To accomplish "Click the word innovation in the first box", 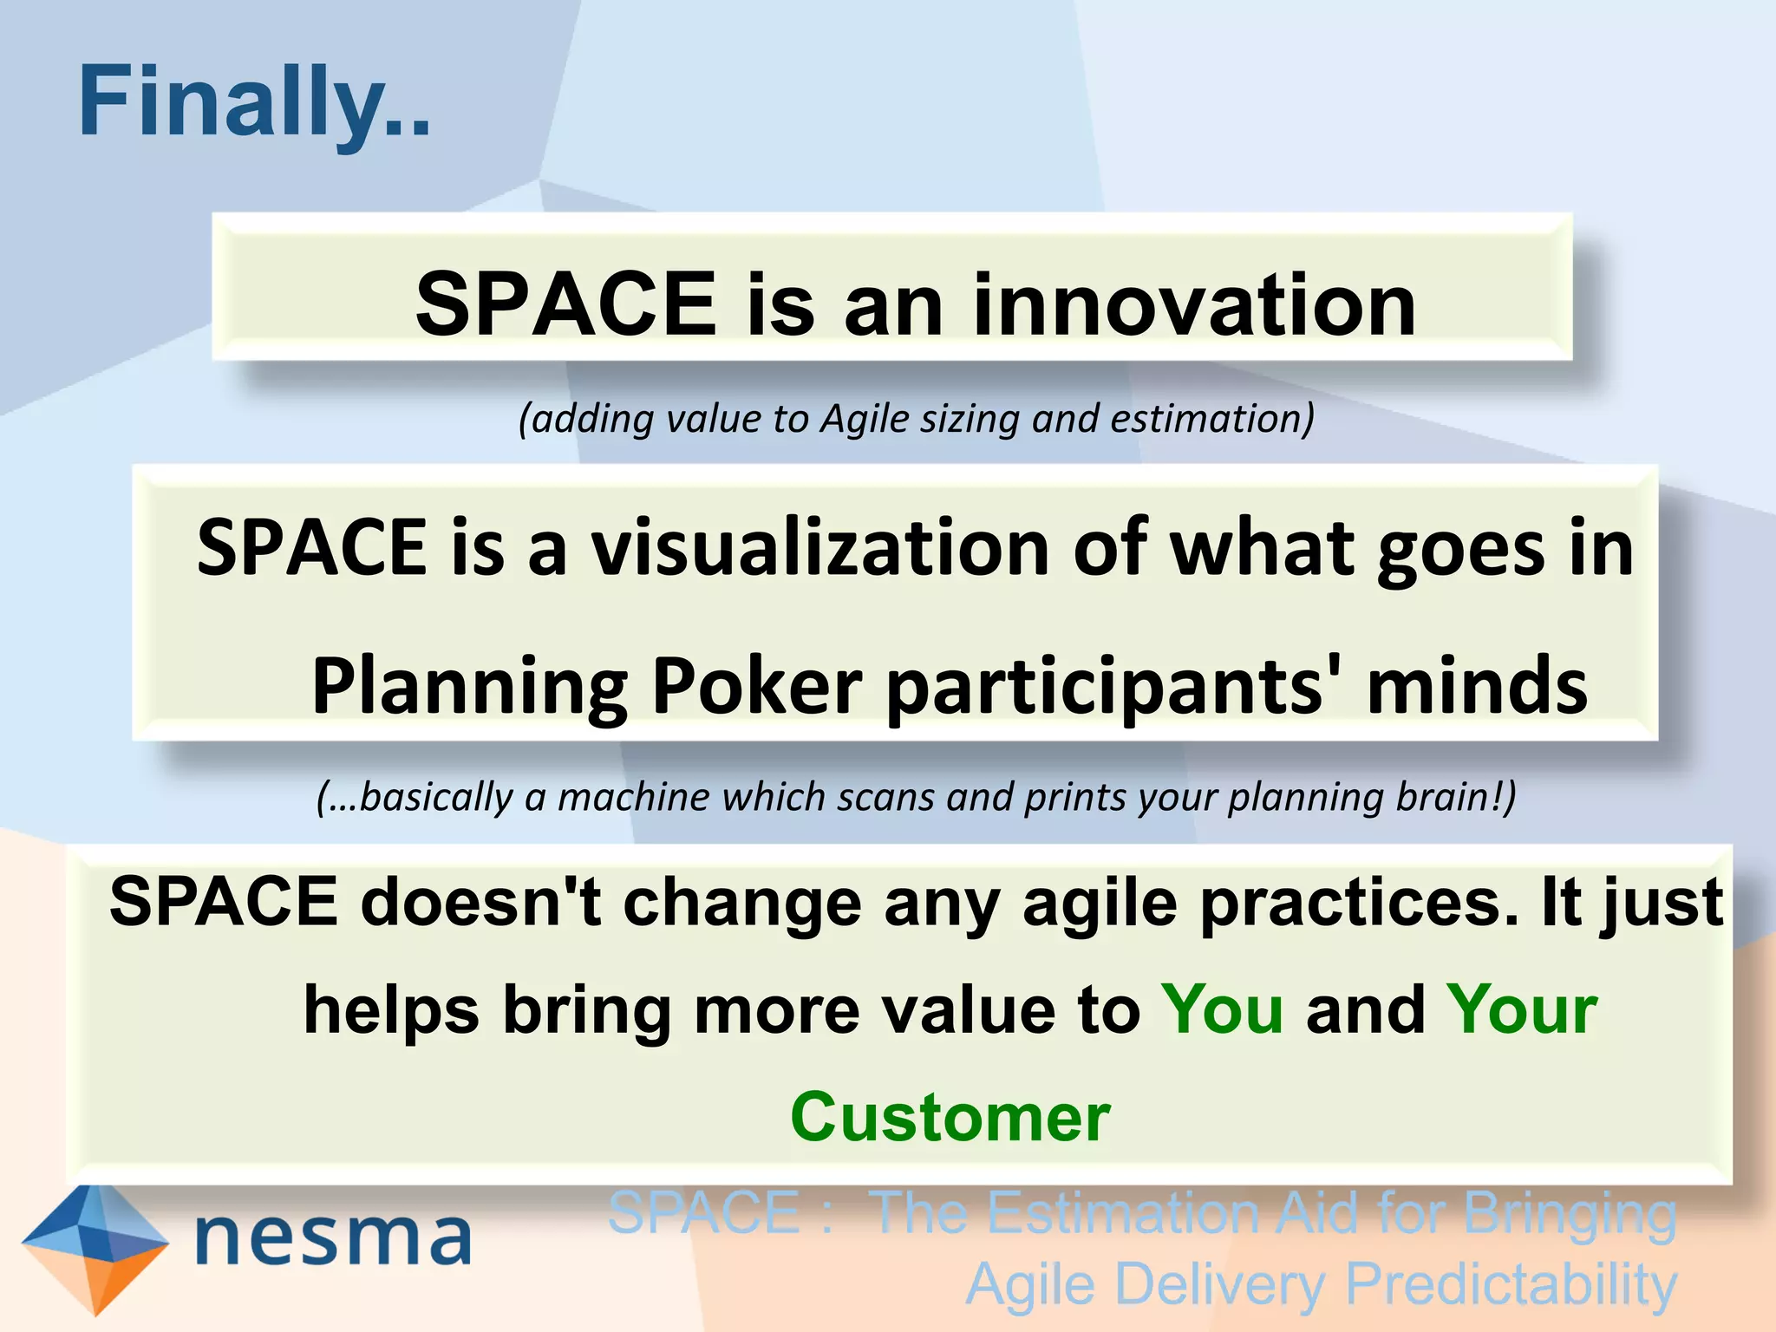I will pyautogui.click(x=1194, y=305).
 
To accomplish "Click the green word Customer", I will pyautogui.click(x=950, y=1118).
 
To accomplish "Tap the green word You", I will pyautogui.click(x=1222, y=1010).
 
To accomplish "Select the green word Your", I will pyautogui.click(x=1522, y=1010).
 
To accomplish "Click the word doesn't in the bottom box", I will pyautogui.click(x=481, y=902).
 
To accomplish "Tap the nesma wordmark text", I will pyautogui.click(x=334, y=1238).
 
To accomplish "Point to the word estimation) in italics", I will pyautogui.click(x=1212, y=419).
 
